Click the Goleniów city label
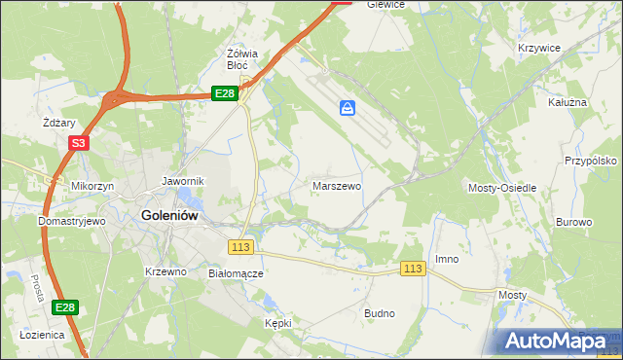[171, 217]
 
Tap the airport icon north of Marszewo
[348, 108]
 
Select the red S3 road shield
[79, 143]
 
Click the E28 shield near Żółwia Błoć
[225, 93]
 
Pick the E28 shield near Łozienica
[64, 308]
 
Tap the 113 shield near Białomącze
[242, 247]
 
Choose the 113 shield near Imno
[413, 269]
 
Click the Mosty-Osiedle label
[502, 187]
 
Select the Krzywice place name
[539, 48]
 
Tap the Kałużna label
[568, 101]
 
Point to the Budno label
[379, 313]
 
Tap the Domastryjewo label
[71, 221]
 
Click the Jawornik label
[182, 181]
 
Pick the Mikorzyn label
[92, 185]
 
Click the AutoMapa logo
[550, 341]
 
